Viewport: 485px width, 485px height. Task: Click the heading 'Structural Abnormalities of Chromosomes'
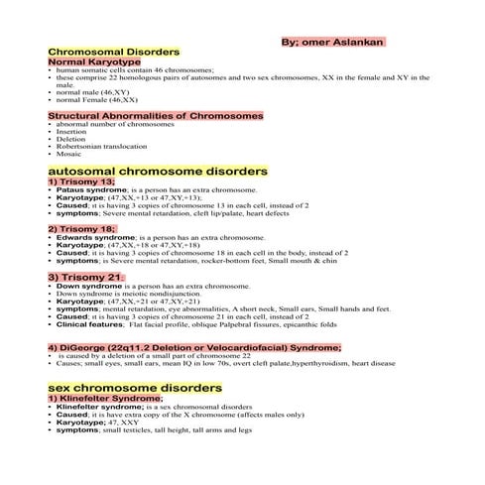[156, 116]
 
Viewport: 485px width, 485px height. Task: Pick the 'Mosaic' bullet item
[69, 155]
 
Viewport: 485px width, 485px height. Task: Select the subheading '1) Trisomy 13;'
[81, 182]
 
